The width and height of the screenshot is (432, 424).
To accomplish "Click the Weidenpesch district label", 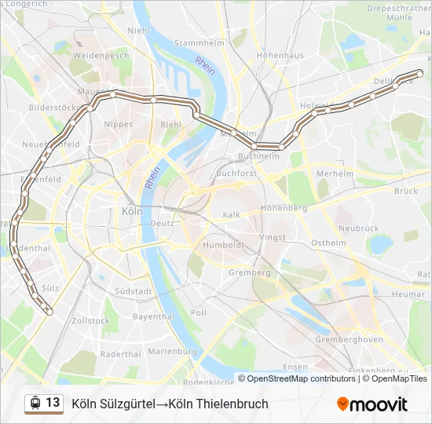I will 101,57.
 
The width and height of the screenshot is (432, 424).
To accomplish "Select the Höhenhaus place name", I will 280,56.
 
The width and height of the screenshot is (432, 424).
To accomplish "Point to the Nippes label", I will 119,124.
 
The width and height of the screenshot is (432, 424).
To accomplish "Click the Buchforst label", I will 236,173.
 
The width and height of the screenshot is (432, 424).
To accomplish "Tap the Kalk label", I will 231,214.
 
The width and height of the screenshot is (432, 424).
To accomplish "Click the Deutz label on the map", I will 162,223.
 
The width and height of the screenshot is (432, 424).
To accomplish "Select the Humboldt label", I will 225,244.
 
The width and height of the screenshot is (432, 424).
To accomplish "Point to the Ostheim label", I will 328,243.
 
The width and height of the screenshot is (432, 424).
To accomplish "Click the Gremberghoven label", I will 349,339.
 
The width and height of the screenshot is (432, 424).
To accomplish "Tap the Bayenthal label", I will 152,317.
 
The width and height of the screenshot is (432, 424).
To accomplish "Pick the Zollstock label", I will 90,321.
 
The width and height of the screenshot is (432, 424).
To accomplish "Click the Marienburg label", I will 171,351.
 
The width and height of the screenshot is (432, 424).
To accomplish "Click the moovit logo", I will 372,404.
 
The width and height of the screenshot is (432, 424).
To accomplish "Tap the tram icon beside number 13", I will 35,404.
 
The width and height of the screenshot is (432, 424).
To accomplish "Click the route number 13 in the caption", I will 53,403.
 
